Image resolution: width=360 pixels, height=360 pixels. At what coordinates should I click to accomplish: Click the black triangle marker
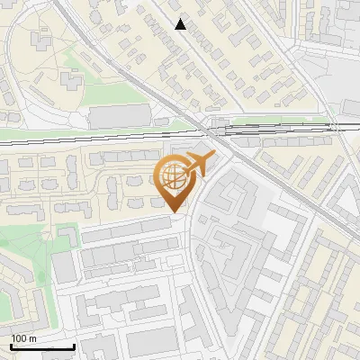[x=181, y=24]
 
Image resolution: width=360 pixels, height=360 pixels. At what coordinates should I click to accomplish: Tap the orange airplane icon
[x=195, y=165]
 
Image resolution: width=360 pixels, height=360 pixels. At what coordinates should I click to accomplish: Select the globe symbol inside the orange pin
[x=174, y=176]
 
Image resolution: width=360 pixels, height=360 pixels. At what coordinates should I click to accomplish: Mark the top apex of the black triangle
[x=181, y=19]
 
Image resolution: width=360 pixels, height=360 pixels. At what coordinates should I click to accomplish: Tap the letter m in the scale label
[x=31, y=338]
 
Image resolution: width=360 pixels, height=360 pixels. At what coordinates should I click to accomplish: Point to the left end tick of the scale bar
[x=11, y=345]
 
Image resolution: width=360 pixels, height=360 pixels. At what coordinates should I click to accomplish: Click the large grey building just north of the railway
[x=119, y=116]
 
